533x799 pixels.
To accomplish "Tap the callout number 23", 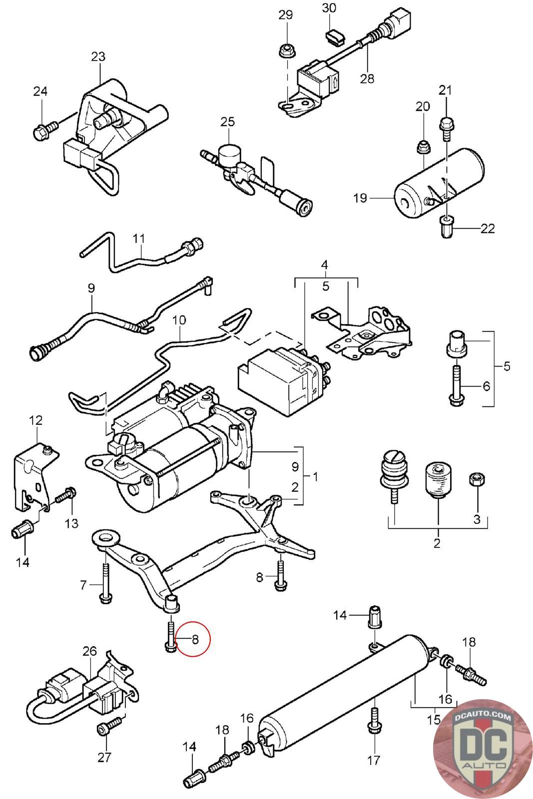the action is point(98,56).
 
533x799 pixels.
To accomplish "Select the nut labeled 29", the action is point(287,50).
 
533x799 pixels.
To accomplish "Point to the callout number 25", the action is point(227,122).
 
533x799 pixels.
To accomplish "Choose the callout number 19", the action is point(360,198).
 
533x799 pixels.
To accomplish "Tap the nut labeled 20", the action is point(423,146).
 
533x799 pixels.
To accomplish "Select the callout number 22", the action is point(488,228).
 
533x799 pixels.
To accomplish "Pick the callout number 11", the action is point(139,238).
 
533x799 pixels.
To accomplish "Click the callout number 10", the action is point(179,320).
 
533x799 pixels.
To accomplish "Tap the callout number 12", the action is point(35,420).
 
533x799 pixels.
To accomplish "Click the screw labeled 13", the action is point(65,496).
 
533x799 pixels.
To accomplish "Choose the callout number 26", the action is point(89,651).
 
